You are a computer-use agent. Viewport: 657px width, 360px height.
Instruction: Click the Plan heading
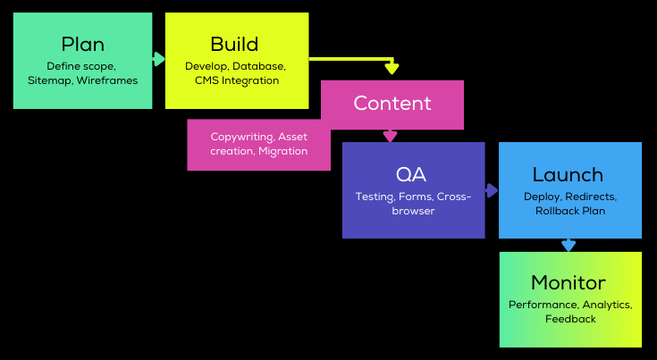tap(82, 45)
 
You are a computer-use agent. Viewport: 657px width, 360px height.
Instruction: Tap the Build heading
tap(235, 45)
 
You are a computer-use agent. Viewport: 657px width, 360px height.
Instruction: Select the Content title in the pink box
tap(392, 103)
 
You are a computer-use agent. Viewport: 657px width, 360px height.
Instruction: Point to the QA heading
tap(414, 173)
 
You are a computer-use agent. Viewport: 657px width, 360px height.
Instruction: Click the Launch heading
tap(568, 175)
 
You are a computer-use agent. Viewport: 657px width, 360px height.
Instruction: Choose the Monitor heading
tap(569, 283)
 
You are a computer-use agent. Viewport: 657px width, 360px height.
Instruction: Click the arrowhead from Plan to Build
tap(159, 59)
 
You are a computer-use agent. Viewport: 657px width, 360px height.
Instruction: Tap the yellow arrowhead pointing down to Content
tap(391, 68)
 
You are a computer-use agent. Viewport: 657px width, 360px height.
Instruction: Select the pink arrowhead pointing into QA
tap(390, 136)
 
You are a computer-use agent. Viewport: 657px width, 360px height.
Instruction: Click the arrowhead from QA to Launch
tap(492, 190)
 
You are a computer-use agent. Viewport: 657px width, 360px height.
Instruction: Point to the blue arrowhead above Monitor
tap(569, 245)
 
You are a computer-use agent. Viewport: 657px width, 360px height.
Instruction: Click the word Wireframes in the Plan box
tap(107, 81)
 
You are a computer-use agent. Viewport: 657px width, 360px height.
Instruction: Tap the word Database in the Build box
tap(259, 66)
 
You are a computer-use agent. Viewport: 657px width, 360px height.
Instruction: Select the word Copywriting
tap(241, 137)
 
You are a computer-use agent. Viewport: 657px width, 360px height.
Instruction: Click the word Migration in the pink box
tap(283, 151)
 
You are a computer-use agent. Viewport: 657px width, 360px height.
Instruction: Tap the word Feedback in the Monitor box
tap(570, 319)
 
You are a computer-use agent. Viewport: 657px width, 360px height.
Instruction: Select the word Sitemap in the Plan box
tap(49, 81)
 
